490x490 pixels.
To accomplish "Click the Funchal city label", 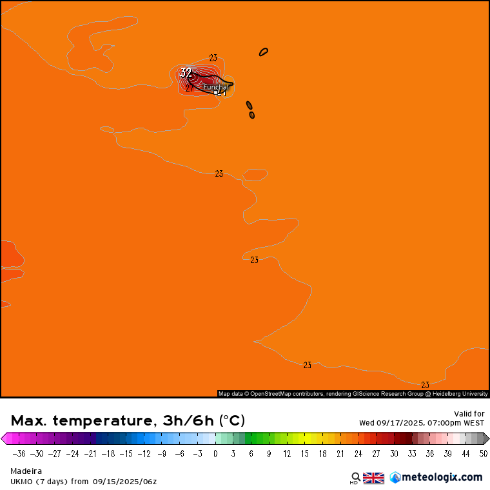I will coord(215,87).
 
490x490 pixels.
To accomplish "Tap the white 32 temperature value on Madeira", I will coord(186,72).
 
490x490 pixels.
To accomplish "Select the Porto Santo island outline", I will coord(264,52).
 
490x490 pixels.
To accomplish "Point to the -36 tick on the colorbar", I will coord(19,453).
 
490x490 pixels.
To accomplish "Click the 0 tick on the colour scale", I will coord(215,453).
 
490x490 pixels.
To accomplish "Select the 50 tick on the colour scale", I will coord(483,453).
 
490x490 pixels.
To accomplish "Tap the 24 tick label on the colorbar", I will coord(358,453).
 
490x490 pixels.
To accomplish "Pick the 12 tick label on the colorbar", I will coord(286,453).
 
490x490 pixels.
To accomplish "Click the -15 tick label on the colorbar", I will coord(126,453).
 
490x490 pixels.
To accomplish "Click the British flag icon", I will coord(373,478).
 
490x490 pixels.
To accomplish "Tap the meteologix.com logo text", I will coord(441,477).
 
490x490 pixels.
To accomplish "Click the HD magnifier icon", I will coord(355,478).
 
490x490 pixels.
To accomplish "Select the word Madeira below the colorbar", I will coord(26,471).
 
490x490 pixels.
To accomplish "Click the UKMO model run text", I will coord(83,481).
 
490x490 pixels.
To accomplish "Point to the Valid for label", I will coord(469,414).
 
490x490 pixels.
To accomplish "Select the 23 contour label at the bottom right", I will coord(425,385).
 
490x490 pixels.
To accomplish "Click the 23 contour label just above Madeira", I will coord(213,58).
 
